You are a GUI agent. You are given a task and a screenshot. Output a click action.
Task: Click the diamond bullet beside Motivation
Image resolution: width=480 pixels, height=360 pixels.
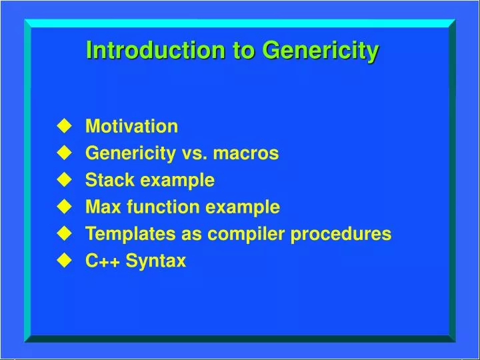pyautogui.click(x=64, y=126)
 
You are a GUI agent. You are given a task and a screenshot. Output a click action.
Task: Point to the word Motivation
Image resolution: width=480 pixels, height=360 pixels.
pyautogui.click(x=131, y=127)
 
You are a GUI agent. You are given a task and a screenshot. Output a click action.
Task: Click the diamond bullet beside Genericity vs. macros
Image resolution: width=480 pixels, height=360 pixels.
pyautogui.click(x=64, y=153)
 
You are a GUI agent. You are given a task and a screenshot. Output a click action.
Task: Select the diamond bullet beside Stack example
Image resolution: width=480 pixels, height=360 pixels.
pyautogui.click(x=64, y=179)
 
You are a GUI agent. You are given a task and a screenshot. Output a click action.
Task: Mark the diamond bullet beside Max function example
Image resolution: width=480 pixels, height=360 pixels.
pyautogui.click(x=64, y=207)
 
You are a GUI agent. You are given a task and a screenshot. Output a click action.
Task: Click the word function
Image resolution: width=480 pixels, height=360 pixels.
pyautogui.click(x=161, y=207)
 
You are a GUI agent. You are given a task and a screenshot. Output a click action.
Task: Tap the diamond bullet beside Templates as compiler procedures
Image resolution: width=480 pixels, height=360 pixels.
pyautogui.click(x=64, y=233)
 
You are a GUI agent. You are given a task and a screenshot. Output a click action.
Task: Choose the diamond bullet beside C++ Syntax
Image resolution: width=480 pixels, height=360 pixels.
pyautogui.click(x=64, y=261)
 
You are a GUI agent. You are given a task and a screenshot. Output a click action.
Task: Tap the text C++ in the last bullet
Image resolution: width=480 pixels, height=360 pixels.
pyautogui.click(x=102, y=261)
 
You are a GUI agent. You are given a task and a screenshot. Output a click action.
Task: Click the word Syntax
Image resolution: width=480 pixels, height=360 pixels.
pyautogui.click(x=156, y=261)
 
